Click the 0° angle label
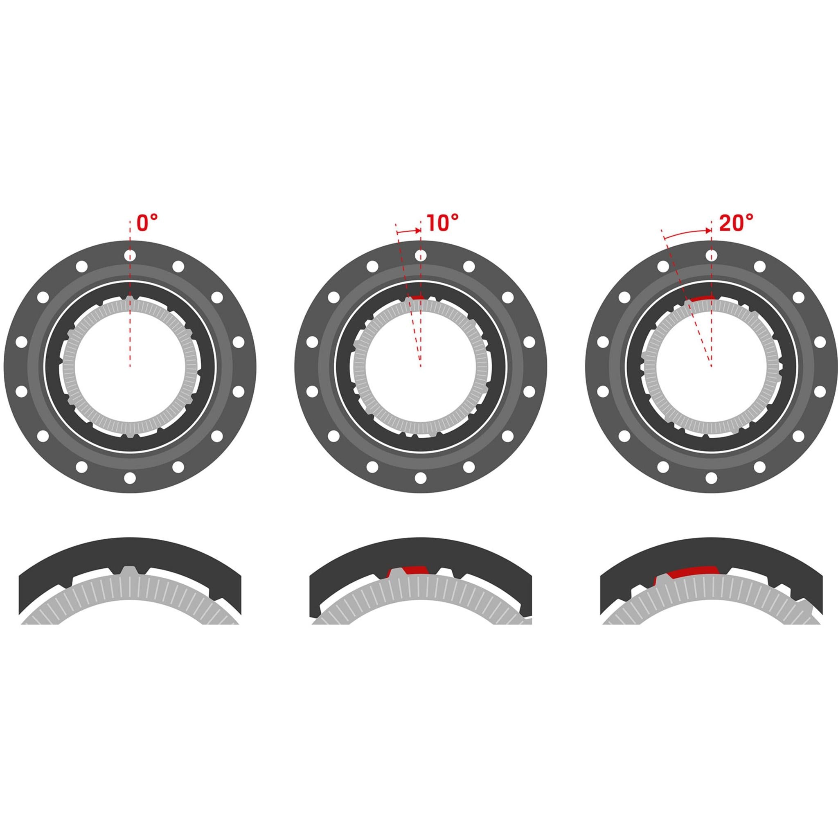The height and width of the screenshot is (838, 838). [146, 223]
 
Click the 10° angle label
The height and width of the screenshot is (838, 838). [442, 223]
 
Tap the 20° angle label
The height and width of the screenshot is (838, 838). [736, 223]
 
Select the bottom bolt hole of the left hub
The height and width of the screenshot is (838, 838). [130, 478]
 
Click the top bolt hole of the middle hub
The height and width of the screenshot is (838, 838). [420, 256]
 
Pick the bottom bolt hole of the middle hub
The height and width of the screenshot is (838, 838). [420, 478]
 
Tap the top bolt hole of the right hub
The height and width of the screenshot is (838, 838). [711, 256]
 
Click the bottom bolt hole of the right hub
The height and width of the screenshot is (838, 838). [711, 478]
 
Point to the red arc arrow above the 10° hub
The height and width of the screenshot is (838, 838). [409, 232]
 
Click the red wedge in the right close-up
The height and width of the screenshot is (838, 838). [693, 572]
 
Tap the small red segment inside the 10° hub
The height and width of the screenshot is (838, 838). [417, 297]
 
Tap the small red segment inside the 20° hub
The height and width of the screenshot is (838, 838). [701, 298]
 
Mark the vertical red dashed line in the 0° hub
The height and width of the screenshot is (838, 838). [130, 330]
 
